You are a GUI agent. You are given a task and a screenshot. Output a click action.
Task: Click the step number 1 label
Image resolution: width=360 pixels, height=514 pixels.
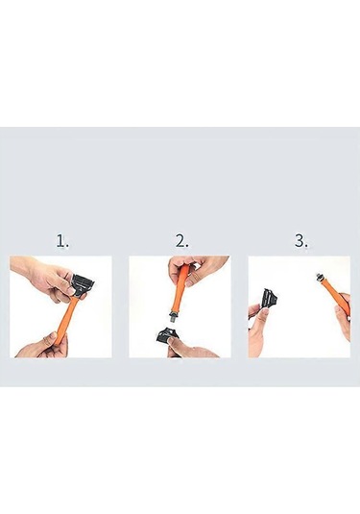pyautogui.click(x=61, y=241)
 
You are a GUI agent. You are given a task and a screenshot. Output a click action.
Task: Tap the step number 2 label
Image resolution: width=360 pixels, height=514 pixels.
pyautogui.click(x=180, y=241)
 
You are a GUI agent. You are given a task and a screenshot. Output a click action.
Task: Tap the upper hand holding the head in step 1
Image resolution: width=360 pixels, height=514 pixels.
pyautogui.click(x=48, y=279)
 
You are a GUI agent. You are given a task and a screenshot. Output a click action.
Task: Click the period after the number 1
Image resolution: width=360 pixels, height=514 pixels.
pyautogui.click(x=67, y=247)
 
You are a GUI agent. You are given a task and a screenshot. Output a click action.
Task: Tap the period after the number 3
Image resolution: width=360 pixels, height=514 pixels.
pyautogui.click(x=306, y=247)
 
